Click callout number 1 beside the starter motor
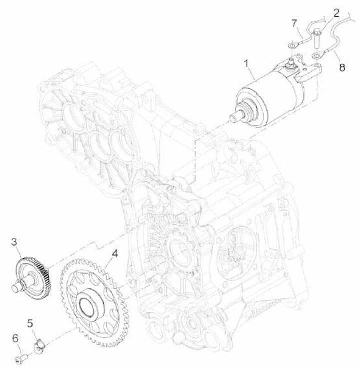[246, 64]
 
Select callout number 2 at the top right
[336, 13]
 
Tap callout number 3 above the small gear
[14, 242]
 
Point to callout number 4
[115, 253]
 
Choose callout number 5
[30, 323]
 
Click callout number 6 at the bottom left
[15, 338]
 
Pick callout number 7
[294, 24]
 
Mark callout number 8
[342, 68]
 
